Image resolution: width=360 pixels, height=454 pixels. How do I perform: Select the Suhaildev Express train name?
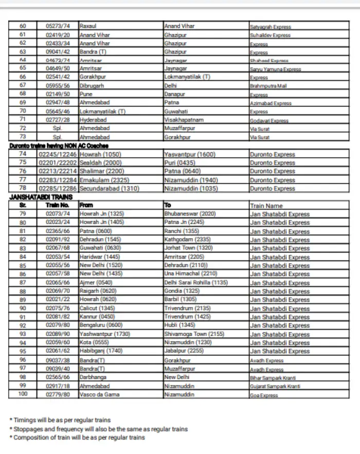coord(269,36)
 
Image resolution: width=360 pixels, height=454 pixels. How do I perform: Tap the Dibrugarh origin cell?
coord(92,85)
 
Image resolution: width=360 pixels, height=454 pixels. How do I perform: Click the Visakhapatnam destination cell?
coord(184,120)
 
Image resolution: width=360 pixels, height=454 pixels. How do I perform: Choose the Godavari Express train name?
coord(268,120)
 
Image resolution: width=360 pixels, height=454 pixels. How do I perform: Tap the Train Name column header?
coord(266,205)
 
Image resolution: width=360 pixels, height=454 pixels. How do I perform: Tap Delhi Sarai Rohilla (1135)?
coord(195,283)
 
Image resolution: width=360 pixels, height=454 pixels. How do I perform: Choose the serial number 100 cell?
coord(22,394)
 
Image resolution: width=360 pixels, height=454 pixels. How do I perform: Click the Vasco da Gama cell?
coord(99,394)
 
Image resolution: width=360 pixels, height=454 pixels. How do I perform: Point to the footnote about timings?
coord(62,420)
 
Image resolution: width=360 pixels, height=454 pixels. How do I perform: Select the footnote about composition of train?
coord(79,438)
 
